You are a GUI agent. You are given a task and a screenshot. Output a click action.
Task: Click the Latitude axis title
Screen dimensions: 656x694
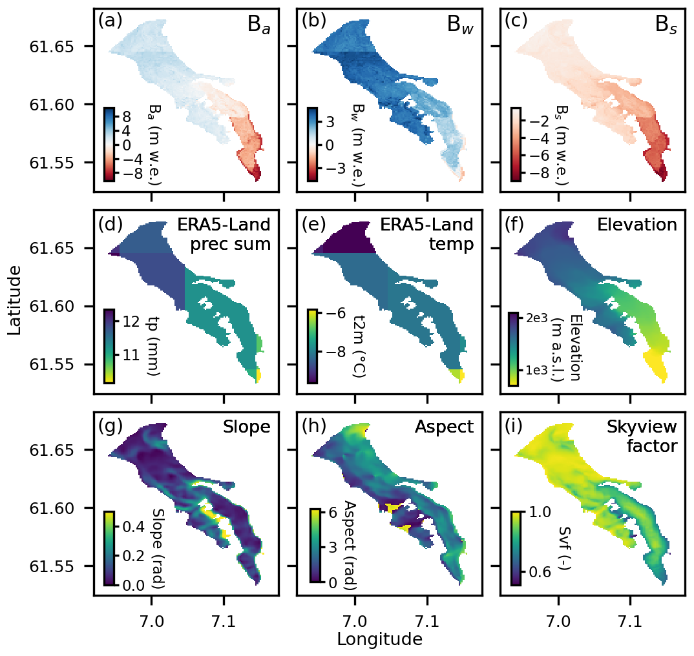tap(14, 302)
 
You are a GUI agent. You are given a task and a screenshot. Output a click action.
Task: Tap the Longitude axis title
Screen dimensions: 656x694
tap(379, 639)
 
